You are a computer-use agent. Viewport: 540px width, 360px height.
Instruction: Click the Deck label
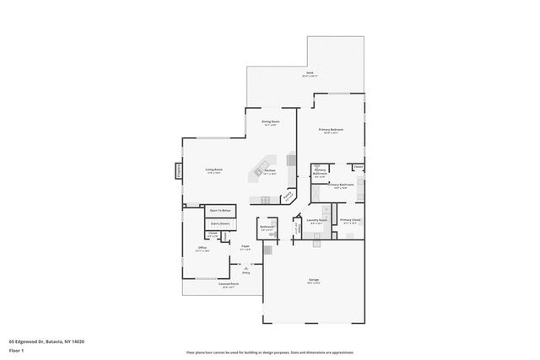[310, 74]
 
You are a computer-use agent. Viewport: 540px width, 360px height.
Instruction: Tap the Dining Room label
[270, 121]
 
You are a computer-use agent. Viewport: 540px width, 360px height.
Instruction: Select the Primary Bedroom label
[329, 129]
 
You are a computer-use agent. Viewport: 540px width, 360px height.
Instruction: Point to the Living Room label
[213, 169]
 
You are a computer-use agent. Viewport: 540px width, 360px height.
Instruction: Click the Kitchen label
[270, 170]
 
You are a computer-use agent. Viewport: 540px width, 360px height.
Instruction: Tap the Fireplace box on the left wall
[179, 170]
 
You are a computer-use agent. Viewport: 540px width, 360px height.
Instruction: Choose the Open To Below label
[220, 209]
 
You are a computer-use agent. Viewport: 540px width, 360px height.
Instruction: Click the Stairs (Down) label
[220, 223]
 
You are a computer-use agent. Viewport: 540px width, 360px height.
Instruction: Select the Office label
[202, 248]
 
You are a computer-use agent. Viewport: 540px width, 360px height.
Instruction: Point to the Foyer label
[245, 247]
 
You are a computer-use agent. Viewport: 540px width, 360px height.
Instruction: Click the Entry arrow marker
[246, 268]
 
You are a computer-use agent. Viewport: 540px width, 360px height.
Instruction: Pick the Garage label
[314, 282]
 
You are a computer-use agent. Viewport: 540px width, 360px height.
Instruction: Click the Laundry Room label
[316, 220]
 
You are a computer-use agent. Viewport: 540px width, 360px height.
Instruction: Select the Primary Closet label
[350, 220]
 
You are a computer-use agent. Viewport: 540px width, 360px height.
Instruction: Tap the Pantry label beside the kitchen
[288, 194]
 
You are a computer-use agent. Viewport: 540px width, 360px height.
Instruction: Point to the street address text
[46, 341]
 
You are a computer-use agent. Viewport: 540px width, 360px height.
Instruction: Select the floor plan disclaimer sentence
[269, 352]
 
